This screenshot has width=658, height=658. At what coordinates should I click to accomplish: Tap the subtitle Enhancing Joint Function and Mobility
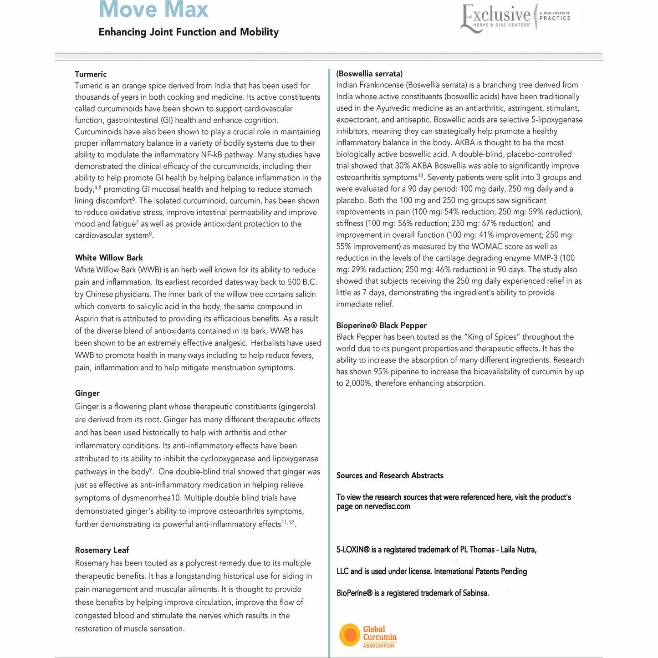(x=189, y=32)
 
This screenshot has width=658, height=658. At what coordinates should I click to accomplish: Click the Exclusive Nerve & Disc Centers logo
(x=515, y=17)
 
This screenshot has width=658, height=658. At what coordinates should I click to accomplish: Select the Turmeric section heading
(x=91, y=74)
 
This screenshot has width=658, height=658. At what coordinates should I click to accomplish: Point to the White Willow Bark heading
(x=109, y=258)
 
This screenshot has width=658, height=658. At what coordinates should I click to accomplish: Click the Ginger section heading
(x=87, y=393)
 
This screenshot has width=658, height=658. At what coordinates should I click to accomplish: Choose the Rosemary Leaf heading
(x=102, y=550)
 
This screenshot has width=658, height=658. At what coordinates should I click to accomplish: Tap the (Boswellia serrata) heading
(x=369, y=74)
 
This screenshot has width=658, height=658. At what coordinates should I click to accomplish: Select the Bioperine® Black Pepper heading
(x=381, y=326)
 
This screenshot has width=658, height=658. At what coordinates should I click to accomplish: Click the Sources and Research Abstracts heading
(x=390, y=475)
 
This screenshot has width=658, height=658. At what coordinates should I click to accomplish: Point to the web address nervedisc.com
(x=388, y=506)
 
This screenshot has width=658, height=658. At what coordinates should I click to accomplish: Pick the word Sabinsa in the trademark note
(x=474, y=593)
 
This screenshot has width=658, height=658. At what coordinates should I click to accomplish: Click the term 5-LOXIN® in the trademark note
(x=352, y=550)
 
